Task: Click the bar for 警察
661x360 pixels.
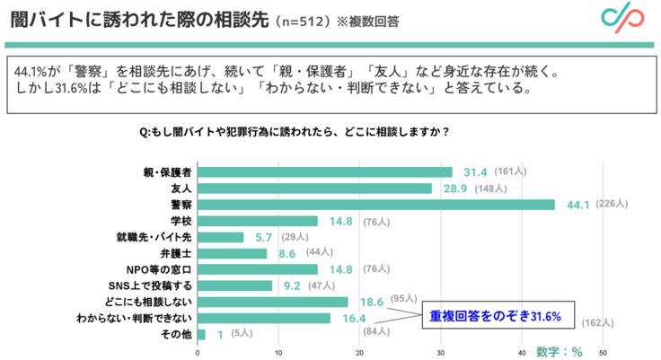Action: tap(375, 204)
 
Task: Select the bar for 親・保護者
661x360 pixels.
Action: tap(324, 171)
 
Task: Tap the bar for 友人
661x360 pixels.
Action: tap(313, 188)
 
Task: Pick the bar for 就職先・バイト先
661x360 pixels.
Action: tap(220, 237)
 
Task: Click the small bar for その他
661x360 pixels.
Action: tap(200, 334)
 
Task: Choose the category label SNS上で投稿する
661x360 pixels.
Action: tap(153, 285)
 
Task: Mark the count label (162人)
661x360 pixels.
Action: tap(596, 323)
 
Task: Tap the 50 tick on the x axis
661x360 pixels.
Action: tap(603, 352)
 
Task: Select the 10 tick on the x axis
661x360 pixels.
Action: tap(278, 352)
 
